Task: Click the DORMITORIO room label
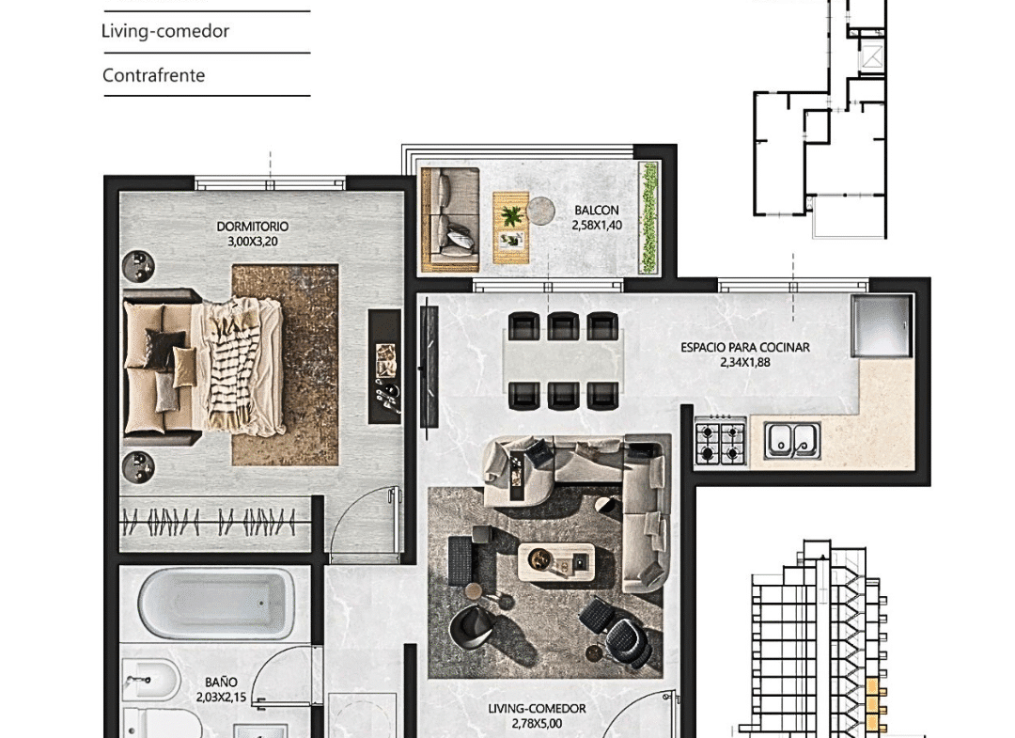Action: point(253,227)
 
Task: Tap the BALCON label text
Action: point(597,211)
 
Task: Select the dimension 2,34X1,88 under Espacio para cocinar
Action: point(745,363)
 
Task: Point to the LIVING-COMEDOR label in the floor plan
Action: point(538,709)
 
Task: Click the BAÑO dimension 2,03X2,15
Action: point(222,698)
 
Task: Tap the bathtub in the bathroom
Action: point(216,604)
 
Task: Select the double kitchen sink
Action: point(791,440)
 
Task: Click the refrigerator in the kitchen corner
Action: point(882,326)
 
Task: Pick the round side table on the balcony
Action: point(540,211)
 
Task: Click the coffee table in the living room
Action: point(556,562)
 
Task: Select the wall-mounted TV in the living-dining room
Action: point(428,366)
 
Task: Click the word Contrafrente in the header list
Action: point(153,75)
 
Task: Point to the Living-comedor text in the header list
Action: point(165,31)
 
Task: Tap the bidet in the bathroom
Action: point(148,681)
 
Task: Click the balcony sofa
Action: point(450,220)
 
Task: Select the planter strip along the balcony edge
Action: point(648,218)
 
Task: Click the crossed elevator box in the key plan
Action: point(871,55)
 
